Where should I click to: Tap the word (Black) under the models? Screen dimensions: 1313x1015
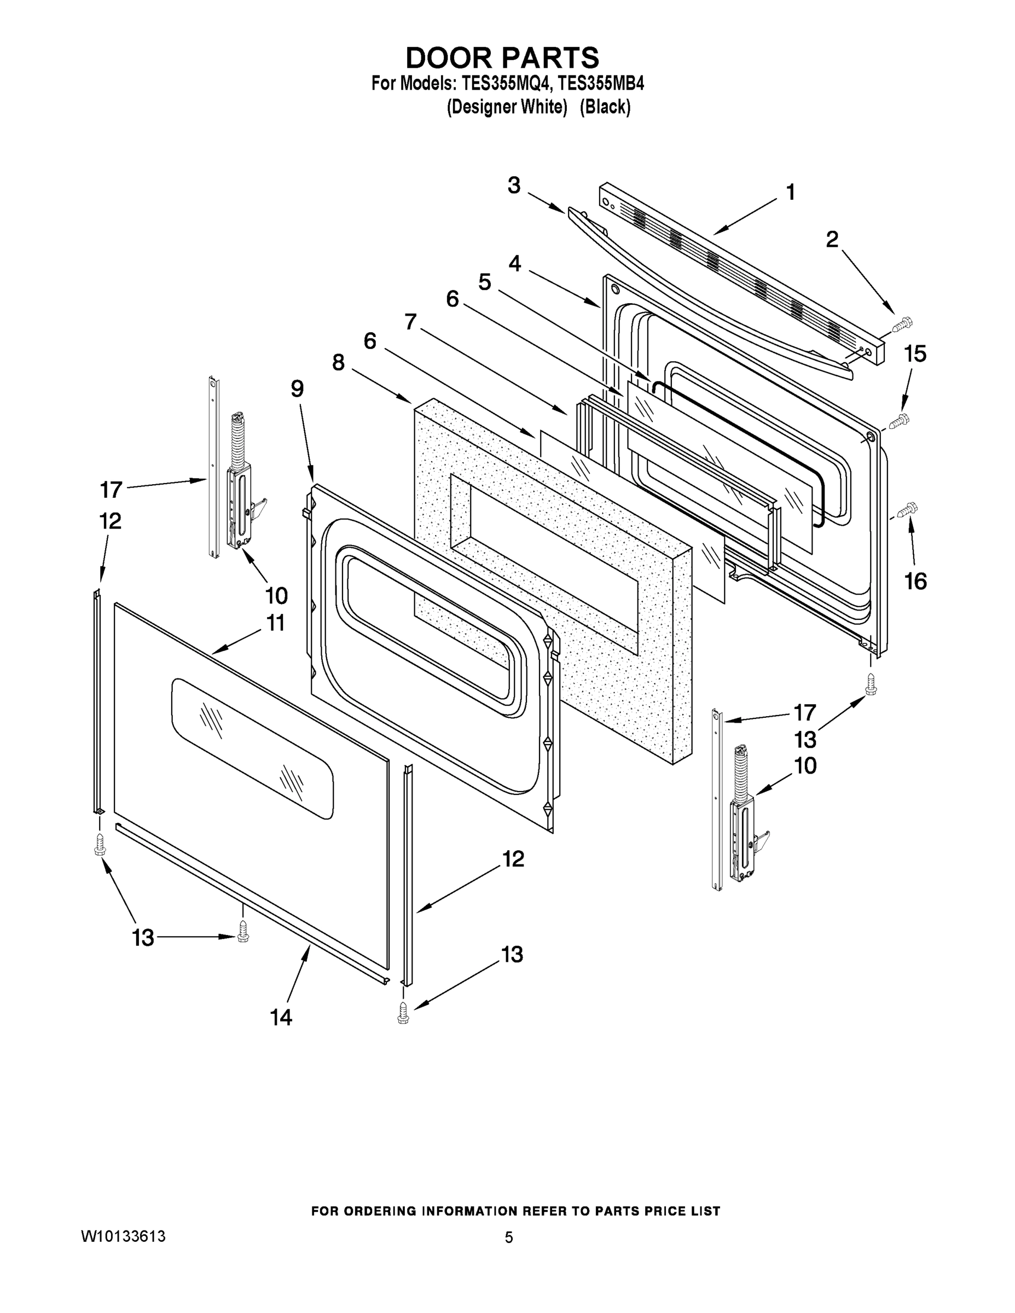click(x=605, y=107)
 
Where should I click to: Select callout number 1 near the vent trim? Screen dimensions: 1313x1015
click(x=790, y=193)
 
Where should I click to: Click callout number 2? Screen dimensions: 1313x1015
click(x=832, y=240)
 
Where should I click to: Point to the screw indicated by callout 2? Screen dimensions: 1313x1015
click(x=900, y=326)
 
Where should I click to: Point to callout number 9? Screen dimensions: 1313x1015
click(x=297, y=389)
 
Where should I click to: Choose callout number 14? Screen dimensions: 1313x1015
click(x=281, y=1017)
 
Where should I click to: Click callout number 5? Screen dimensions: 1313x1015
click(x=484, y=281)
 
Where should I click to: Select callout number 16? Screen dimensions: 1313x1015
click(x=915, y=581)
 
